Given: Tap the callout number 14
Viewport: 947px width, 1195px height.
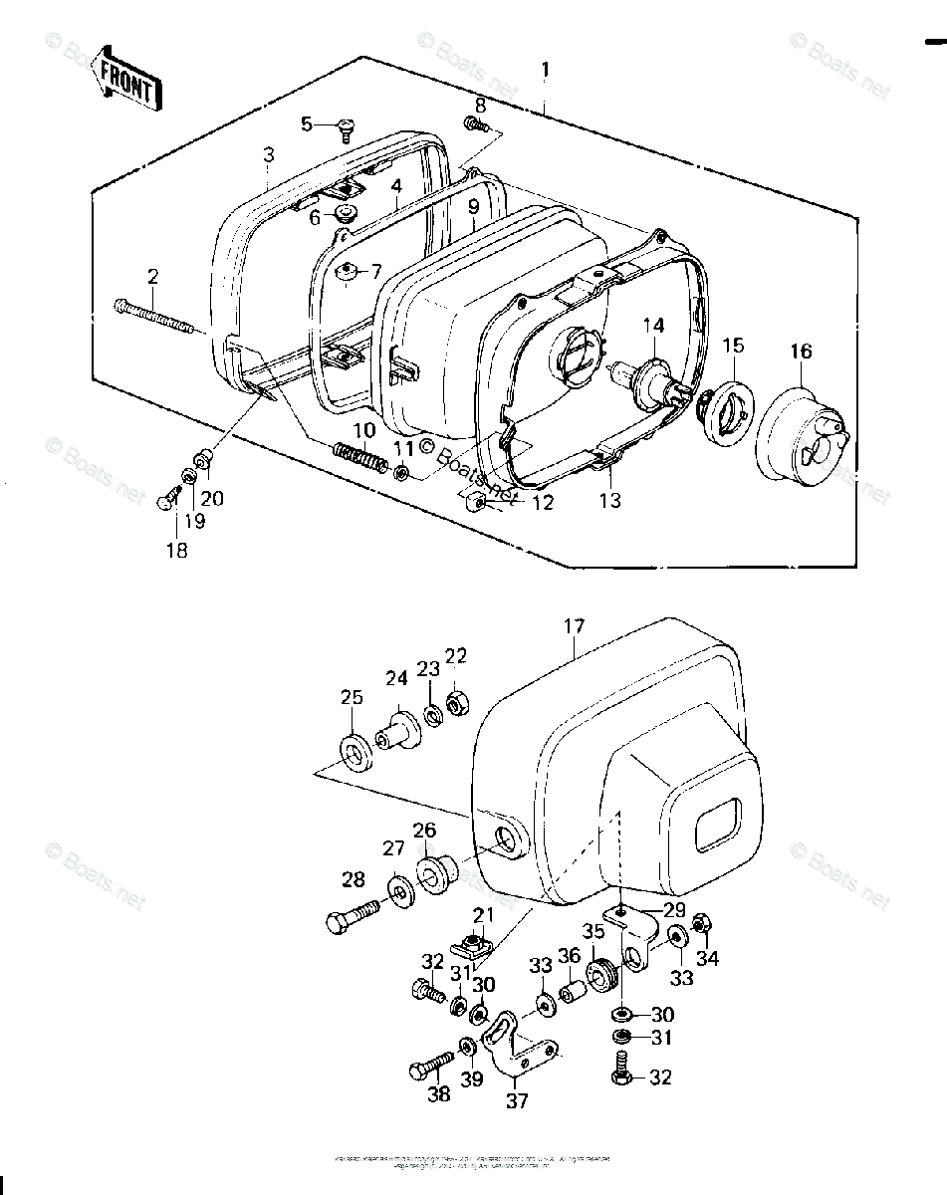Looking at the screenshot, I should click(x=652, y=325).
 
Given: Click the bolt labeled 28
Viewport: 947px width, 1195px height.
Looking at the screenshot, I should click(x=350, y=914).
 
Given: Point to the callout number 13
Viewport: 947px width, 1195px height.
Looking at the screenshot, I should click(x=609, y=500).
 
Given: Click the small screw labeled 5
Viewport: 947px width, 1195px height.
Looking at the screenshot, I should click(x=346, y=126).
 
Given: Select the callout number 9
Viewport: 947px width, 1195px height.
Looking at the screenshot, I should click(x=474, y=206).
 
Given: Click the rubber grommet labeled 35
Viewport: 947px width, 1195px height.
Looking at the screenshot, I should click(x=600, y=971).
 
